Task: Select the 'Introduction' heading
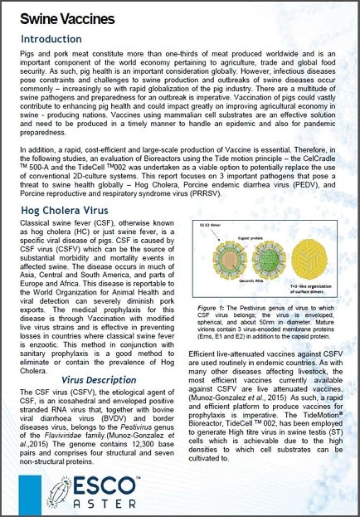click(x=51, y=39)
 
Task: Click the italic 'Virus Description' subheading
click(x=99, y=379)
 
